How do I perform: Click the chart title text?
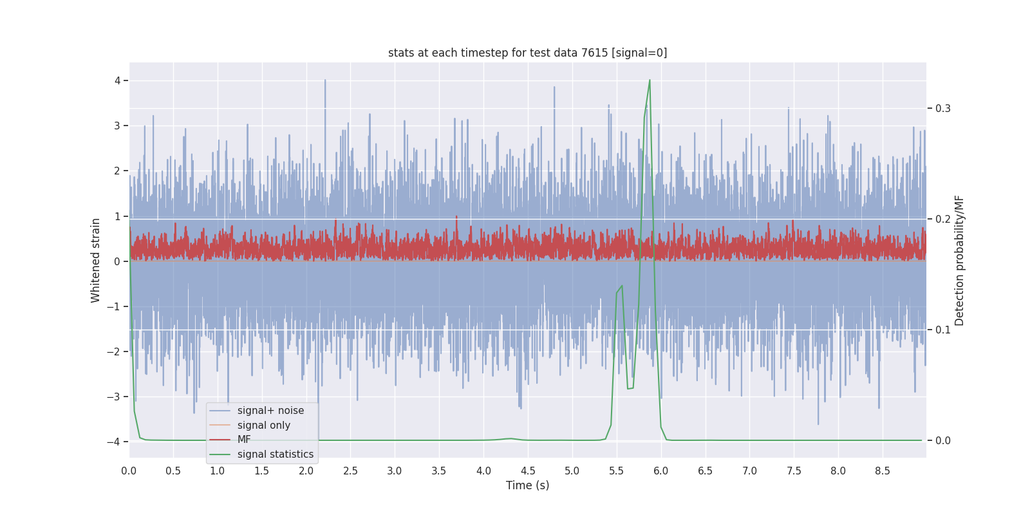tap(527, 53)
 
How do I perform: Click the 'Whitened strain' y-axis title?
tap(96, 260)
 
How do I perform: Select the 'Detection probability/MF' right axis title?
tap(959, 260)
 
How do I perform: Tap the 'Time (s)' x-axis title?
tap(527, 485)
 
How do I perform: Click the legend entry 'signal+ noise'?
tap(270, 411)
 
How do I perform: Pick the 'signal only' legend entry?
tap(263, 426)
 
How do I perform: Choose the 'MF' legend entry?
tap(244, 440)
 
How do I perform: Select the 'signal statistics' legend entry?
tap(275, 454)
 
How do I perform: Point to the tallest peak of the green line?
tap(650, 80)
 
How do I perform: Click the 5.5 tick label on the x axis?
tap(616, 471)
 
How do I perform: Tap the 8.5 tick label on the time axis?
tap(882, 471)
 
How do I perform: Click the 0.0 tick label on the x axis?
tap(129, 471)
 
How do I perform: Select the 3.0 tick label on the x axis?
tap(395, 471)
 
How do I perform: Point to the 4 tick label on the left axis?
tap(117, 80)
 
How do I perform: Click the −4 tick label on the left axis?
tap(113, 442)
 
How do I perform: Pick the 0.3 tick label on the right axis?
tap(943, 108)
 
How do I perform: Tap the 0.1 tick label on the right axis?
tap(943, 330)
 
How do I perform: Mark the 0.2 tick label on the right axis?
tap(943, 219)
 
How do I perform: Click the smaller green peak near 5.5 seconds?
tap(621, 286)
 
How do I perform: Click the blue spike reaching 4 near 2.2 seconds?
tap(325, 82)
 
